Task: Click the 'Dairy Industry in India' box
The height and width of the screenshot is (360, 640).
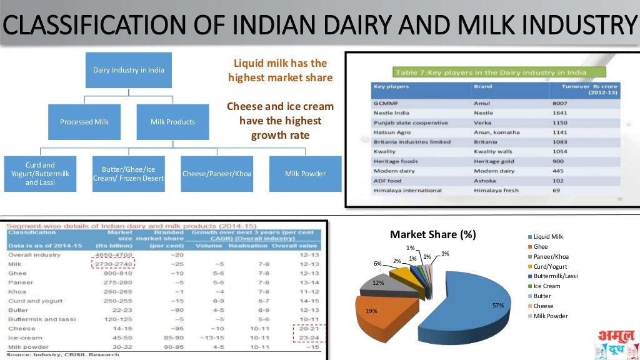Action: (x=129, y=70)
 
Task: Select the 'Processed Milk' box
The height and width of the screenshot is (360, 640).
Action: (x=84, y=122)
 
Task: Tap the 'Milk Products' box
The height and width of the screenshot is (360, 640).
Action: (x=172, y=122)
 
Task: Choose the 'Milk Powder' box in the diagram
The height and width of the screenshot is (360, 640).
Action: (x=305, y=174)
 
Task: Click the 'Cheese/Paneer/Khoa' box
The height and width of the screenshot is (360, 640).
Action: (x=217, y=174)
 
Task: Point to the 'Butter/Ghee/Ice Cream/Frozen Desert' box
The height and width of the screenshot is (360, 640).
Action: (x=128, y=174)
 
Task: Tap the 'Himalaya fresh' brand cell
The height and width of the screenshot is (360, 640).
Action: (x=495, y=190)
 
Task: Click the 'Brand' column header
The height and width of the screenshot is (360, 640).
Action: (x=483, y=87)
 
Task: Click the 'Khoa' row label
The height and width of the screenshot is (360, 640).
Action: (x=17, y=291)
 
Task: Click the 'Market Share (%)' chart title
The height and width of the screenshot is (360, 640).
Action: (x=432, y=235)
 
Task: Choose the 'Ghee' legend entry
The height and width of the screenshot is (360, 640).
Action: (x=541, y=246)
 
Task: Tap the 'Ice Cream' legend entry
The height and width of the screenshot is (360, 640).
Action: (x=547, y=286)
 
